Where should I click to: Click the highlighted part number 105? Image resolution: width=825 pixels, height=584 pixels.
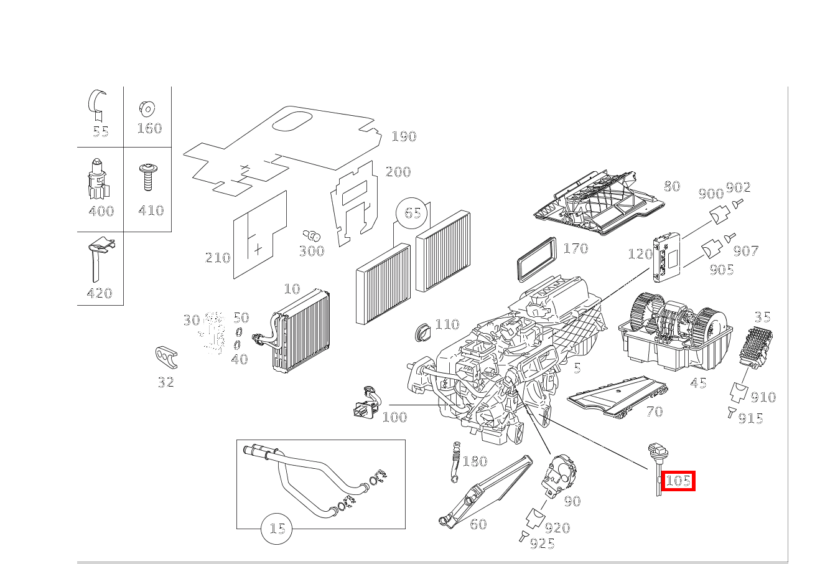pos(678,481)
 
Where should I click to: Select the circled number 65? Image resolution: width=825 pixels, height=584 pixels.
pos(412,213)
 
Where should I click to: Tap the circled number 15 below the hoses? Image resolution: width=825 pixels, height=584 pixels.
pos(277,529)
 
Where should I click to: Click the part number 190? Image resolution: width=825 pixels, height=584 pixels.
pos(404,136)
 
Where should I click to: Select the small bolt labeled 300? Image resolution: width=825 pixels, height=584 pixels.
pos(311,236)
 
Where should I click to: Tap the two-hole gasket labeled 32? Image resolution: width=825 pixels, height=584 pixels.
pos(166,357)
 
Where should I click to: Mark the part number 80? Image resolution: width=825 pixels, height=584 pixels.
pos(672,186)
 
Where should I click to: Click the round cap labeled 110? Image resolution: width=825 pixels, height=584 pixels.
pos(422,332)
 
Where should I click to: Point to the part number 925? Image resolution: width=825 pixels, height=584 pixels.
pos(542,544)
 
